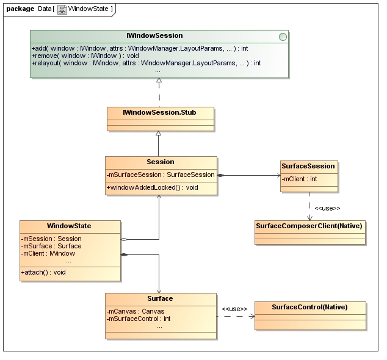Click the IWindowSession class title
[157, 36]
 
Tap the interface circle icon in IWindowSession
[282, 37]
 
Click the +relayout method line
[146, 63]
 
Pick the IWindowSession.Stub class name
[160, 112]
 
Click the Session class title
[161, 162]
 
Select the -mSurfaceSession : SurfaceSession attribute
[161, 175]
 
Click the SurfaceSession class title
[308, 166]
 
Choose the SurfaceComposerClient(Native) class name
[309, 226]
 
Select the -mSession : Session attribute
[52, 239]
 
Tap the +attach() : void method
[44, 272]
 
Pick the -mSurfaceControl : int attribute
[139, 319]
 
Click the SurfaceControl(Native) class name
[309, 307]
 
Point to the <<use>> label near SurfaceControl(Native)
[234, 309]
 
